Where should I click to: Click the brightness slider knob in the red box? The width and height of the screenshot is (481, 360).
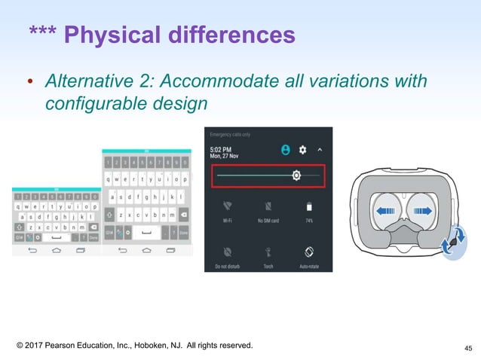(x=297, y=175)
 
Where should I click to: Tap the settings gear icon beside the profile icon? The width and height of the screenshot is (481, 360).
(x=302, y=150)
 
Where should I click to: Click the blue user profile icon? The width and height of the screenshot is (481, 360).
(x=285, y=150)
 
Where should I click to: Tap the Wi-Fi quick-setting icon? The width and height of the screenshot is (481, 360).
(x=227, y=206)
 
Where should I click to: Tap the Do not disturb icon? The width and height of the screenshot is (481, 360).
(x=227, y=251)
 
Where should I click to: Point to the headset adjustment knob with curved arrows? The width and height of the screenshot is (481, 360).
(x=455, y=244)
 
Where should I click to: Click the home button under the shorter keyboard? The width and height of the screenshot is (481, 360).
(x=53, y=250)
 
